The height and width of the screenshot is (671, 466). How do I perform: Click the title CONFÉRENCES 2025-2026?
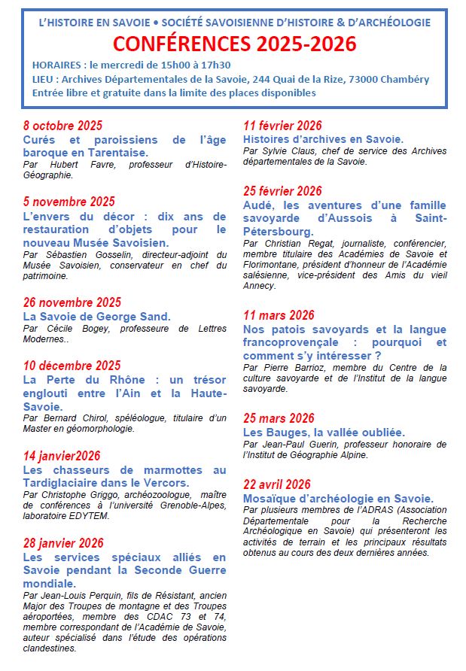[x=235, y=44]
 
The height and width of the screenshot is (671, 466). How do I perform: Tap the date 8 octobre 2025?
[x=62, y=126]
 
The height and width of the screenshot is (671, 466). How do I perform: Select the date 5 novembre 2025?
[x=69, y=201]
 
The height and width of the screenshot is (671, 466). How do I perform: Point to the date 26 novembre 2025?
[x=72, y=302]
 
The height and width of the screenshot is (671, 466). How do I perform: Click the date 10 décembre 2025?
[x=72, y=366]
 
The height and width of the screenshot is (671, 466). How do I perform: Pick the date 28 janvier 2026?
[x=63, y=543]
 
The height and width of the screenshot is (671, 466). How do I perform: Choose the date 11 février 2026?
[x=282, y=126]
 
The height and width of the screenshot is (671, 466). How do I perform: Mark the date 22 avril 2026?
[x=276, y=484]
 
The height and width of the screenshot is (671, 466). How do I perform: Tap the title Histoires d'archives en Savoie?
[x=323, y=139]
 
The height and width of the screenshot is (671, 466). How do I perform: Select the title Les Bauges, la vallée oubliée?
[x=324, y=433]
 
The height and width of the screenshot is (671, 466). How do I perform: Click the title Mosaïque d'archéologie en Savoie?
[x=338, y=498]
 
